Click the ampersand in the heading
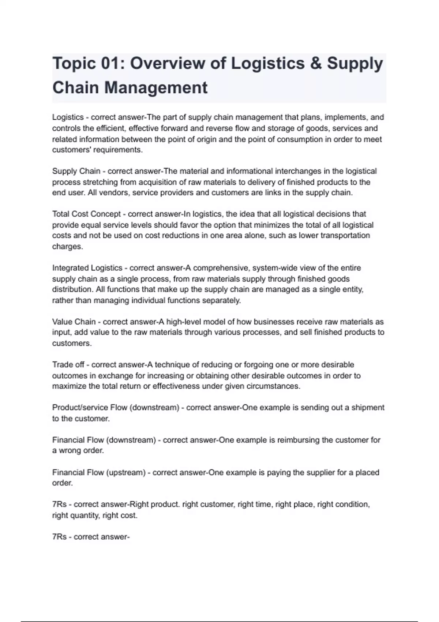(x=316, y=63)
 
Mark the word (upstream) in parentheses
(x=126, y=472)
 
